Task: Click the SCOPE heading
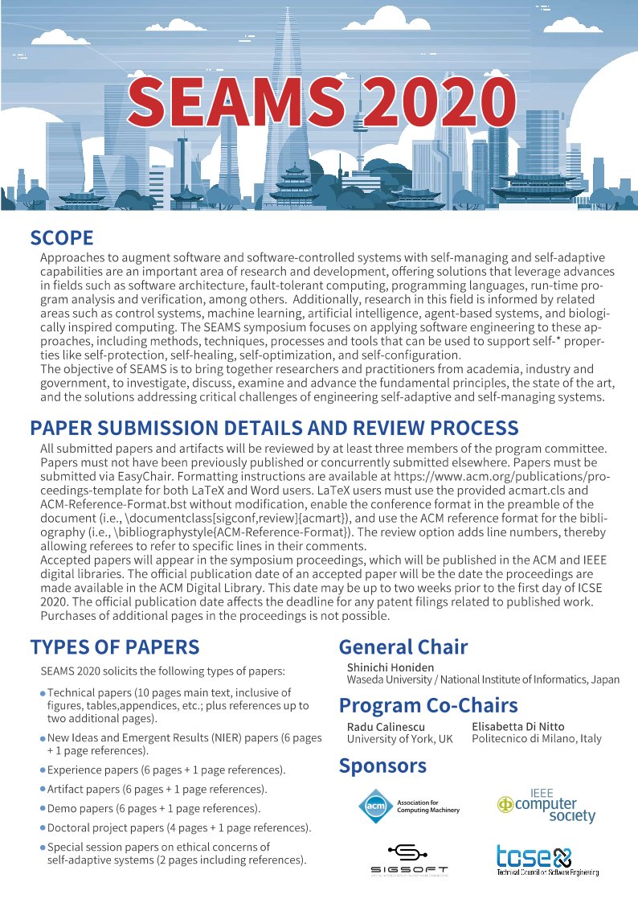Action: [62, 238]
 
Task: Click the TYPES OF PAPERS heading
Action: [115, 647]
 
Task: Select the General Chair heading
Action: [403, 647]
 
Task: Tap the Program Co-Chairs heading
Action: [428, 705]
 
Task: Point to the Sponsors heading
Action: [382, 765]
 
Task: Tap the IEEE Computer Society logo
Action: [547, 806]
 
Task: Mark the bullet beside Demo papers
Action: [43, 808]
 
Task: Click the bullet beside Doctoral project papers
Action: [43, 827]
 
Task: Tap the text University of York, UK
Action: [399, 739]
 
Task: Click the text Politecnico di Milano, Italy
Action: [537, 739]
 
